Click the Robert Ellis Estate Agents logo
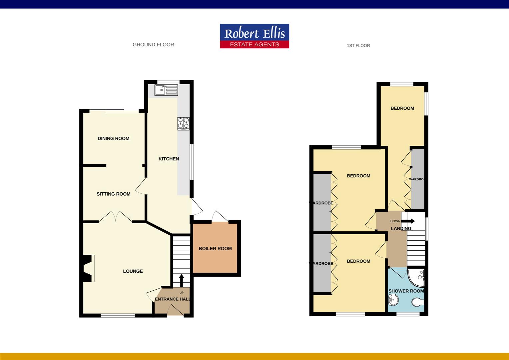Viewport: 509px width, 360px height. click(x=254, y=36)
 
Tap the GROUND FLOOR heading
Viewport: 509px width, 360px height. click(x=153, y=45)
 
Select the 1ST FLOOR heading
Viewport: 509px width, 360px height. click(x=358, y=46)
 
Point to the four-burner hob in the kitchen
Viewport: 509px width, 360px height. click(x=183, y=123)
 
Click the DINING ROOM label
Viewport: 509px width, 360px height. click(x=114, y=139)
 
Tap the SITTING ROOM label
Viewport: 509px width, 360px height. click(x=114, y=194)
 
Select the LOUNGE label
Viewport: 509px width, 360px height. click(x=133, y=271)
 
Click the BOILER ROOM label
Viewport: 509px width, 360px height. click(x=215, y=249)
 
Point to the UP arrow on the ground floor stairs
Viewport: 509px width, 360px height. click(x=182, y=280)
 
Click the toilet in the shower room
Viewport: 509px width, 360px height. click(x=418, y=302)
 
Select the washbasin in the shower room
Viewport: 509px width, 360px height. click(x=393, y=300)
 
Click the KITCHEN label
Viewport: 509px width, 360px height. click(x=169, y=159)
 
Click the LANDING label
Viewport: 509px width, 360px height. click(x=401, y=229)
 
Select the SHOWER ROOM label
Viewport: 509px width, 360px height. click(x=406, y=291)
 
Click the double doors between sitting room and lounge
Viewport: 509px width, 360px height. click(x=116, y=216)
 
